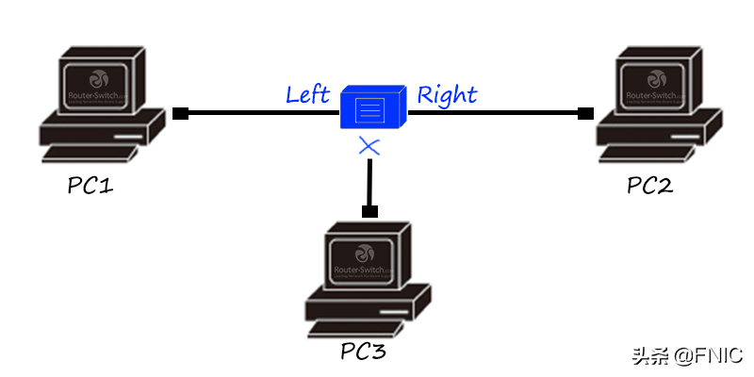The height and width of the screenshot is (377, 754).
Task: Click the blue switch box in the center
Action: [x=372, y=107]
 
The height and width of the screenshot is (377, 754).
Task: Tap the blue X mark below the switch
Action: [x=369, y=145]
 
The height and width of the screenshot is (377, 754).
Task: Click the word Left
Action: [x=307, y=94]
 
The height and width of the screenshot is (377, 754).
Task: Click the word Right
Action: [x=447, y=94]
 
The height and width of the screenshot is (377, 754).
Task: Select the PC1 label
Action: [x=91, y=186]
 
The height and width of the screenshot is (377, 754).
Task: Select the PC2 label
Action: [x=650, y=186]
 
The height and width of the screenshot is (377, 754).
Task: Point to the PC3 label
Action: [x=363, y=353]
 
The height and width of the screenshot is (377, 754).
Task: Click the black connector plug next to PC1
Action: [x=180, y=114]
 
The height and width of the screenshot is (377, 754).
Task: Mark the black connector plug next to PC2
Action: [x=585, y=114]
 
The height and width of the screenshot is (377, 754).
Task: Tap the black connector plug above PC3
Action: [x=369, y=210]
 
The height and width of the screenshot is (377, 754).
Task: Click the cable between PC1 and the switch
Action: [x=264, y=114]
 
